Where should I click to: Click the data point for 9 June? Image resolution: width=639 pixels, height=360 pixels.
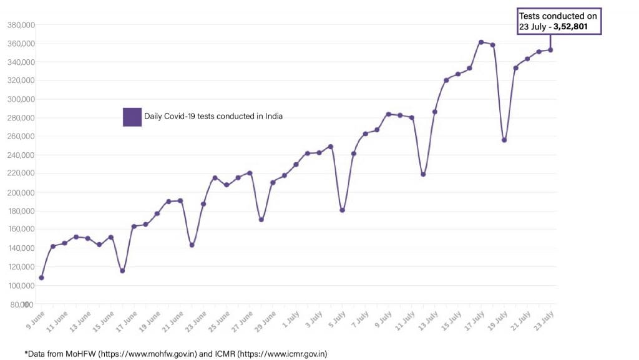[x=41, y=278]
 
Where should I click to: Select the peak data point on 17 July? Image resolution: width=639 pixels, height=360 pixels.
[x=481, y=42]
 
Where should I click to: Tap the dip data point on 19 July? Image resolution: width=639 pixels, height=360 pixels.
[x=504, y=140]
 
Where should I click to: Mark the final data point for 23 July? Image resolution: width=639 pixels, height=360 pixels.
[x=550, y=50]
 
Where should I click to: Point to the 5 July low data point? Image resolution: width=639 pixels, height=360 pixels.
[x=342, y=210]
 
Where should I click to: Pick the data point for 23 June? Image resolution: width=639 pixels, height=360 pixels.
[x=203, y=204]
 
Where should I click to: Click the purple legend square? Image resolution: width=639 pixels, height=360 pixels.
[x=132, y=117]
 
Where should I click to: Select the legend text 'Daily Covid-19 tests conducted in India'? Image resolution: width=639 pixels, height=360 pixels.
[x=213, y=116]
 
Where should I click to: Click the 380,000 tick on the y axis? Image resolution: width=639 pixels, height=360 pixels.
[x=21, y=25]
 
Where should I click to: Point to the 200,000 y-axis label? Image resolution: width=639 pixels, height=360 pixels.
[x=21, y=192]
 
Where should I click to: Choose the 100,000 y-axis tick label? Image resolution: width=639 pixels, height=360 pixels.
[x=21, y=285]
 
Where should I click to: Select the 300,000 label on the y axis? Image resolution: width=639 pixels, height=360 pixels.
[x=21, y=99]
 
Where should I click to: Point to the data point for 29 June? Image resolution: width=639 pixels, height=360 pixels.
[x=273, y=182]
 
